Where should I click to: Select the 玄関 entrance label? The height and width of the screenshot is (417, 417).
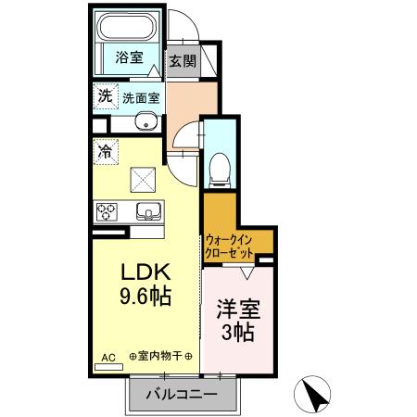tap(183, 61)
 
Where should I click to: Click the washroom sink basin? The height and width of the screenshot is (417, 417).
tap(145, 123)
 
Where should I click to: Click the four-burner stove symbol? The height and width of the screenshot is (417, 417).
tap(107, 210)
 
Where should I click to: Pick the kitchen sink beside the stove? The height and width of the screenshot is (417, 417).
tap(147, 210)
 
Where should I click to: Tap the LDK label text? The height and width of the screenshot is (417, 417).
tap(144, 273)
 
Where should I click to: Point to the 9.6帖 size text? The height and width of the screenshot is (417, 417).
tap(144, 298)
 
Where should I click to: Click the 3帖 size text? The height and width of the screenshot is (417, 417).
tap(238, 333)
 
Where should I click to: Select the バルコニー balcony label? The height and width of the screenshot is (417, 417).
tap(182, 395)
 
